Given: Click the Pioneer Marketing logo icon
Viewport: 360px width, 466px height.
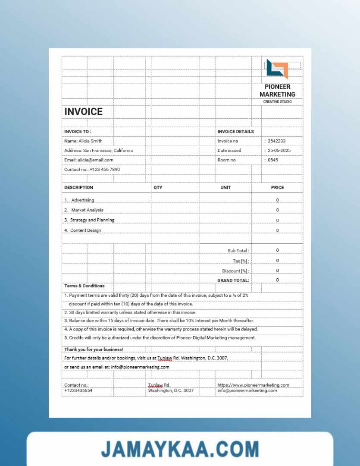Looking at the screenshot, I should tap(276, 69).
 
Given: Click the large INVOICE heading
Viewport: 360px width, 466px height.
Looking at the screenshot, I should tap(84, 112).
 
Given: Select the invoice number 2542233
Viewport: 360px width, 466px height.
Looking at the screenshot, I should tap(276, 141).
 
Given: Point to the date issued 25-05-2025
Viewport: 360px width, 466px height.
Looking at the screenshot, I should tap(279, 151).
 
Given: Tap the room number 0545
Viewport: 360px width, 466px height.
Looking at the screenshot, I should tap(273, 160).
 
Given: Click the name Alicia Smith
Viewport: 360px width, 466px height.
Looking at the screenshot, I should tap(90, 141).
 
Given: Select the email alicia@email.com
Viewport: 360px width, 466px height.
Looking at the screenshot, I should tap(95, 160).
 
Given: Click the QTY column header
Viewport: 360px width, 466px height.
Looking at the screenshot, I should tap(158, 188).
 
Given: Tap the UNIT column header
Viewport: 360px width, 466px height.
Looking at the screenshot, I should tap(225, 188).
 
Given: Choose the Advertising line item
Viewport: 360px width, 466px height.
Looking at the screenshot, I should tap(82, 200).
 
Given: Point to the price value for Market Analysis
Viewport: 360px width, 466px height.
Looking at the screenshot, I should tap(277, 210).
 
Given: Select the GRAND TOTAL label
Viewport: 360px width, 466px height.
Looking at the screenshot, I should tap(233, 280).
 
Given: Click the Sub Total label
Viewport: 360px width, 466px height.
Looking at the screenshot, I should tap(238, 251).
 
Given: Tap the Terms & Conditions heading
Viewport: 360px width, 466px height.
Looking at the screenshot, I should tap(85, 286).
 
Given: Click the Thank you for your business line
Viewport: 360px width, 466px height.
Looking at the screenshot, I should tap(94, 349).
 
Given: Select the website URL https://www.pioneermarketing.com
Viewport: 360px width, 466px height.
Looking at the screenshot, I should tap(253, 385).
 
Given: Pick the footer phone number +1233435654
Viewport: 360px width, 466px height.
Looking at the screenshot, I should tap(78, 390).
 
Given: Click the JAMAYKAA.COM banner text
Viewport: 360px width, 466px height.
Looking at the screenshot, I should tap(180, 449).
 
